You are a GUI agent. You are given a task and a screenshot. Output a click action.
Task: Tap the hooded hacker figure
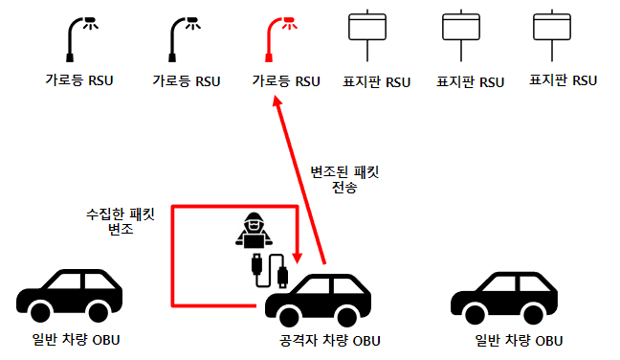point(254,230)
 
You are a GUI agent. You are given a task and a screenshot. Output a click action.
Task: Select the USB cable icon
point(270,271)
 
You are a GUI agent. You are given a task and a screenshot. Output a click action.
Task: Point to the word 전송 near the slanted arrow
point(344,187)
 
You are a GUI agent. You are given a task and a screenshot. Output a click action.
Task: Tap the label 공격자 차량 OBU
point(330,341)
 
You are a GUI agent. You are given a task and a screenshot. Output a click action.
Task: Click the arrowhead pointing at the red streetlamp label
point(277,101)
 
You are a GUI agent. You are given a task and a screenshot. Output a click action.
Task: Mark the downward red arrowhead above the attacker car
point(298,259)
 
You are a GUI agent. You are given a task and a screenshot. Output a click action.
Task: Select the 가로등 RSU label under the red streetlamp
point(286,81)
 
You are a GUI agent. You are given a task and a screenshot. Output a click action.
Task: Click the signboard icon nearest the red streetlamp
point(367,35)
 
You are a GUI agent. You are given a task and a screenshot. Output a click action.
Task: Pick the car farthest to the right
point(504,298)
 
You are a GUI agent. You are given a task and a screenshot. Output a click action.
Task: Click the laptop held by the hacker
point(254,240)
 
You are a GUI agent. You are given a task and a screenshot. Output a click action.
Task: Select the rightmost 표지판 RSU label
point(563,80)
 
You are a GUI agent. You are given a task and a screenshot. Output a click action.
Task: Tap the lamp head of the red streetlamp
point(289,23)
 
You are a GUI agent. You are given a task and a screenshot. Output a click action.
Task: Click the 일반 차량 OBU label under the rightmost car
point(519,341)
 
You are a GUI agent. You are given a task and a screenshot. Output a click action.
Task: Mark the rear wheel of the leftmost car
point(98,312)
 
